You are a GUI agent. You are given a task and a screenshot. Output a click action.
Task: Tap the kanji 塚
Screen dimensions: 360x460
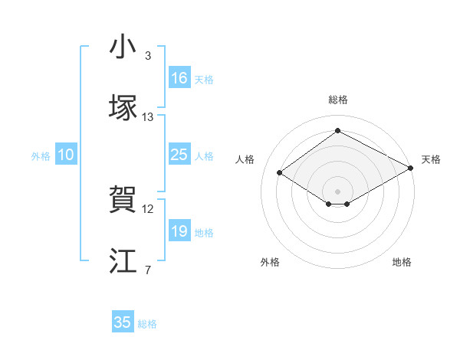(123, 106)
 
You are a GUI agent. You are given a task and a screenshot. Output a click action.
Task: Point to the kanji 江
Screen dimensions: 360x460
(123, 260)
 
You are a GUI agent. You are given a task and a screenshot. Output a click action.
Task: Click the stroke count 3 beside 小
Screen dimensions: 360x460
(147, 56)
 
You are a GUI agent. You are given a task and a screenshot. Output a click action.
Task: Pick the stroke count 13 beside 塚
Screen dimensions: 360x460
(148, 117)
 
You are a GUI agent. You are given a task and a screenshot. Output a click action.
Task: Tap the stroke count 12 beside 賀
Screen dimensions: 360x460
(148, 209)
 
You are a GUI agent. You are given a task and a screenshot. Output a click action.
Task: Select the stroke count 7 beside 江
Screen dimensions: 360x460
(147, 269)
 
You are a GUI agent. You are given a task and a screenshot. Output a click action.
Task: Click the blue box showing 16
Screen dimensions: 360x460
(179, 78)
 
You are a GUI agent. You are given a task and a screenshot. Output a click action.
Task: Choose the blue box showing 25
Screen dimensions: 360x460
(179, 155)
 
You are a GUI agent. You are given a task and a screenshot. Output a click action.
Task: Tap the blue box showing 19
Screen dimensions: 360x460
(179, 231)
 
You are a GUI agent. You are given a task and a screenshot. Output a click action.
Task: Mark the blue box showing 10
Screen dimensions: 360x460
(66, 155)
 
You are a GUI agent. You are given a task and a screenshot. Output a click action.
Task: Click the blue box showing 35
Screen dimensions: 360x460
(123, 322)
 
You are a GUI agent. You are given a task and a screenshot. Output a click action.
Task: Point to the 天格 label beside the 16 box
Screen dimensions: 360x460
(204, 79)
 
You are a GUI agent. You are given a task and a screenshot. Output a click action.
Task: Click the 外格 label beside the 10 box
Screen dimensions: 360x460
(41, 156)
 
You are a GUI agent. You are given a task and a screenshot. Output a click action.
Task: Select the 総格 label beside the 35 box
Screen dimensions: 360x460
(147, 324)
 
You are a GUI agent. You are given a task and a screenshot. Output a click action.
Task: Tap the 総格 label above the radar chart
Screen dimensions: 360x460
(337, 100)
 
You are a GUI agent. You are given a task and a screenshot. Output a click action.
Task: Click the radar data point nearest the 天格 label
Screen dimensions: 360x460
(412, 169)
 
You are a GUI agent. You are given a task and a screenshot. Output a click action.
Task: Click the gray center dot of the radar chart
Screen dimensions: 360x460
(337, 190)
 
